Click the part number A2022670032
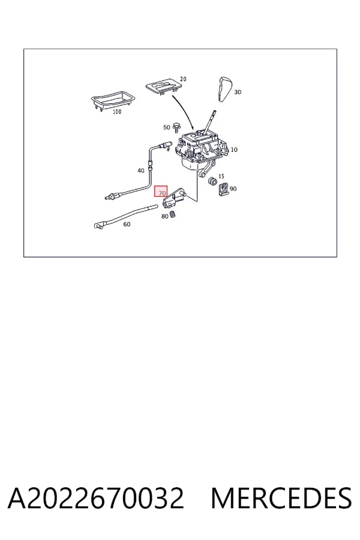click(96, 498)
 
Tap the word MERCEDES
click(281, 498)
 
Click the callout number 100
click(117, 112)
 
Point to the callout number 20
click(183, 79)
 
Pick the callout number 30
click(238, 92)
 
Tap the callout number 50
click(167, 127)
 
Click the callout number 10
click(234, 150)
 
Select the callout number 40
click(141, 170)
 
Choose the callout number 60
click(127, 224)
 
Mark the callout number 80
click(164, 216)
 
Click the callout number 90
click(233, 189)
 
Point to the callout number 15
click(221, 176)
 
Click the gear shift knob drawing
click(224, 89)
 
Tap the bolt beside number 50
click(177, 127)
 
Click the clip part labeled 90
click(224, 188)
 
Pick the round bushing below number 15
click(212, 181)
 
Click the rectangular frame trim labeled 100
click(113, 100)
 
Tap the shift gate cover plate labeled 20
click(164, 85)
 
